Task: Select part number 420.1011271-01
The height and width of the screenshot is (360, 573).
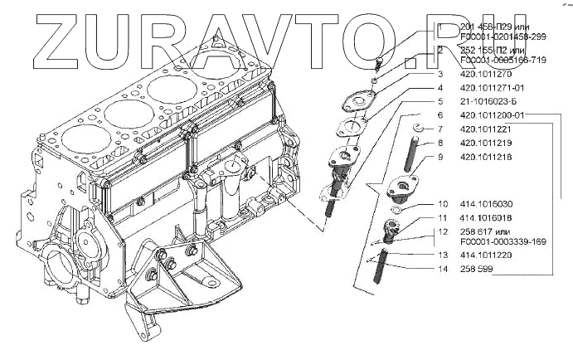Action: click(x=488, y=88)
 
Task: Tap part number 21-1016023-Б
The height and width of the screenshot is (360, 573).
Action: click(x=486, y=102)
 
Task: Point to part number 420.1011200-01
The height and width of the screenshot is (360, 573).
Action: click(x=493, y=115)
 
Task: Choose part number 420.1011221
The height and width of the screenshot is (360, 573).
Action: click(x=483, y=129)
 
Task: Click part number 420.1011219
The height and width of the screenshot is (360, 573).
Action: click(x=483, y=143)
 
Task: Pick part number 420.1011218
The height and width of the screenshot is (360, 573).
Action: click(x=483, y=156)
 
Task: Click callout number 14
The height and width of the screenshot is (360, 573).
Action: click(x=441, y=270)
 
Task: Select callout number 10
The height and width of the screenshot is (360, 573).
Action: click(x=442, y=204)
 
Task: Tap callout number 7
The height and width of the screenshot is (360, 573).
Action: click(x=441, y=129)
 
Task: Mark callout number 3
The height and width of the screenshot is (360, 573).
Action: click(x=441, y=75)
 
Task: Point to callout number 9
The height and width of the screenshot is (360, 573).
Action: click(x=441, y=156)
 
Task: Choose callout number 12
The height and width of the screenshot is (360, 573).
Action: click(x=442, y=231)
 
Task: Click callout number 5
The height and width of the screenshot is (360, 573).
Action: click(x=441, y=102)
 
